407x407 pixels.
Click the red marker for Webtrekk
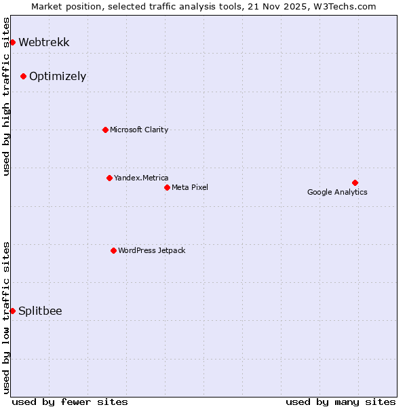click(x=12, y=42)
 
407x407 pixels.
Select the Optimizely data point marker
click(x=23, y=76)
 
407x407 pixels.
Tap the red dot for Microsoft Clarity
click(x=105, y=130)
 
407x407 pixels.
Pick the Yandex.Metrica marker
click(x=109, y=178)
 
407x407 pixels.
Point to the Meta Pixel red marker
click(x=167, y=187)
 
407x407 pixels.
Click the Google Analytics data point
click(x=355, y=182)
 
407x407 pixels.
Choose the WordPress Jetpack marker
click(x=113, y=250)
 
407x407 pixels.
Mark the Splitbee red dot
click(x=12, y=311)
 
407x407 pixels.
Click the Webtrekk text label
click(x=44, y=42)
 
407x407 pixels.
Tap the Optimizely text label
click(x=58, y=76)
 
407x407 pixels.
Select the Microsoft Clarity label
click(x=139, y=130)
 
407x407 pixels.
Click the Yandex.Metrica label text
click(x=141, y=178)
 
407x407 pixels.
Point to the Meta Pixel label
click(x=190, y=187)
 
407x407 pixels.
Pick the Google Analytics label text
click(x=337, y=192)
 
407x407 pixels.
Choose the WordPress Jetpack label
click(x=151, y=250)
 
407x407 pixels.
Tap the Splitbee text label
click(x=40, y=311)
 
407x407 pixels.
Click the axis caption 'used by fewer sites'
click(x=70, y=402)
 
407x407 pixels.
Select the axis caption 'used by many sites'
click(x=341, y=402)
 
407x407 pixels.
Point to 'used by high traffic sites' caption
click(x=6, y=96)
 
